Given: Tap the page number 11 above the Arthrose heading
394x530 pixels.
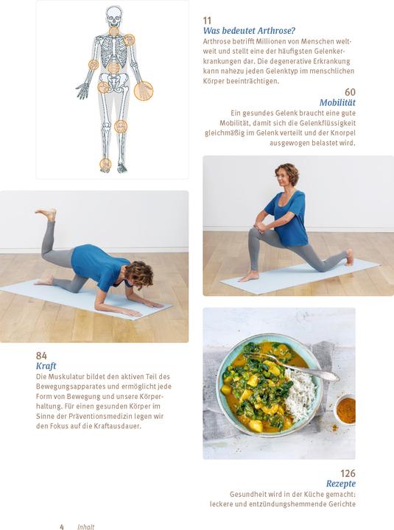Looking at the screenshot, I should (207, 21).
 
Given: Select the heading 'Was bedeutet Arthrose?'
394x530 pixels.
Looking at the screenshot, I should (249, 31).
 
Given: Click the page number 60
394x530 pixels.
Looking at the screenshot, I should (350, 93).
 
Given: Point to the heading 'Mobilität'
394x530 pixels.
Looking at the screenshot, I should (337, 103).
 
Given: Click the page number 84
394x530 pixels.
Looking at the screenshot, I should (41, 356).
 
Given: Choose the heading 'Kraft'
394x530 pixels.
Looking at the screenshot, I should (46, 366).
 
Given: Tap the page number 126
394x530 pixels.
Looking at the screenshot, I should (348, 473).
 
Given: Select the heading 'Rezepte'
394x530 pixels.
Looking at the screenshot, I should (341, 484).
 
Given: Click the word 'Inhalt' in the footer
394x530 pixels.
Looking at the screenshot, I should (85, 526).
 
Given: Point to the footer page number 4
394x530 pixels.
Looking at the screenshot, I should (62, 526).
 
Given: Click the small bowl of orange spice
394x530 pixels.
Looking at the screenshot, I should (345, 409).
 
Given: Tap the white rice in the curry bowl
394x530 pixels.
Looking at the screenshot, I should (300, 394).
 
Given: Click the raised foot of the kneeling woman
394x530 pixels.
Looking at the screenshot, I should (47, 214).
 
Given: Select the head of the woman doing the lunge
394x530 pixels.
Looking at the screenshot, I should (286, 176).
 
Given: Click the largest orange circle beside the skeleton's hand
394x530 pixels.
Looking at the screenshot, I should (144, 91).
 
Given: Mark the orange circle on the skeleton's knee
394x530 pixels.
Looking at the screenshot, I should (121, 127).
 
